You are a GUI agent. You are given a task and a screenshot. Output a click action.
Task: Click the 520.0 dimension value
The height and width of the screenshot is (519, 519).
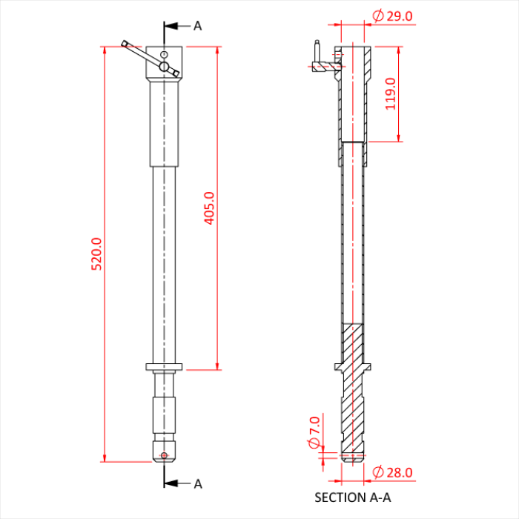96,254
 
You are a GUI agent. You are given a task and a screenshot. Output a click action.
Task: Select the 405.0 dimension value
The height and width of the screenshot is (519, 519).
209,208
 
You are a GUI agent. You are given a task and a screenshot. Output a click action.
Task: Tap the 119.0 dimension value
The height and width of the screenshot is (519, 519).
391,93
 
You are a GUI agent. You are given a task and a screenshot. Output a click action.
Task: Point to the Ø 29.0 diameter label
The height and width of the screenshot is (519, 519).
392,16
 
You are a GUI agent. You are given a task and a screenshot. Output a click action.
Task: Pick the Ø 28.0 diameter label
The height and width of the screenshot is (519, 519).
392,472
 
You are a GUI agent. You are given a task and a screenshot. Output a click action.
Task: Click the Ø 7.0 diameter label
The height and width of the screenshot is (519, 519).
314,432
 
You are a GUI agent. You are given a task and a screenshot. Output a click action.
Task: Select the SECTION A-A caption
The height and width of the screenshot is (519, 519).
352,497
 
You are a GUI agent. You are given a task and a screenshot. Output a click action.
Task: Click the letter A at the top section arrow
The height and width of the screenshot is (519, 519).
198,26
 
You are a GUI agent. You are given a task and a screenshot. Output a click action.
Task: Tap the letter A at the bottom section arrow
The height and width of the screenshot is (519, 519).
198,484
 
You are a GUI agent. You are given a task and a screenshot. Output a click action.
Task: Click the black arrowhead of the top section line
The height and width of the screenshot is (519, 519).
171,26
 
